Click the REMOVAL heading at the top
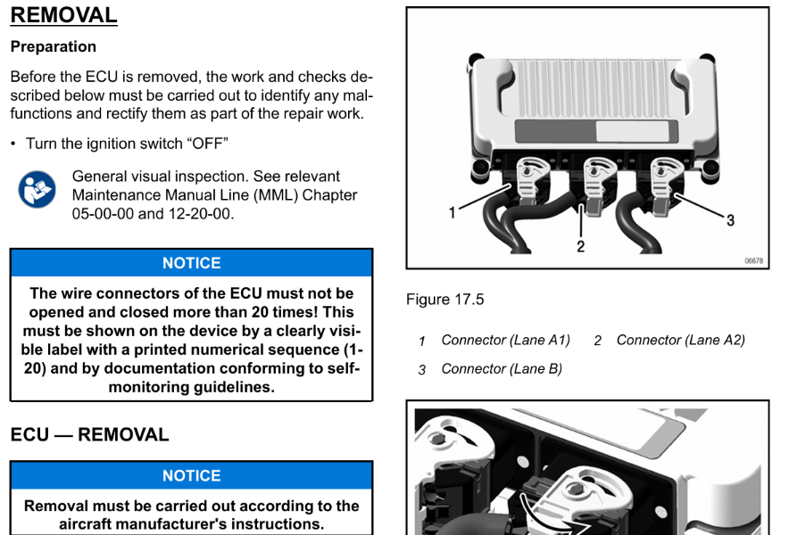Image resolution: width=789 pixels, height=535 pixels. [x=64, y=15]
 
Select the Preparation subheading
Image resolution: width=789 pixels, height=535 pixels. [x=54, y=46]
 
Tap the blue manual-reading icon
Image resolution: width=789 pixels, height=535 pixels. [x=37, y=190]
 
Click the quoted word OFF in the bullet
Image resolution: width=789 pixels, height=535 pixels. [x=208, y=144]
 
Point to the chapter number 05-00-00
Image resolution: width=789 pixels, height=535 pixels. [x=103, y=214]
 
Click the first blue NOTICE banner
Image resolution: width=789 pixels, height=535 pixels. [x=191, y=263]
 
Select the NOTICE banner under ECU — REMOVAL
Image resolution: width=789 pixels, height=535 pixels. [x=191, y=475]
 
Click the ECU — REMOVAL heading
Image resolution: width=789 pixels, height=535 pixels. [x=89, y=435]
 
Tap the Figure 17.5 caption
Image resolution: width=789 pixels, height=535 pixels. [x=444, y=300]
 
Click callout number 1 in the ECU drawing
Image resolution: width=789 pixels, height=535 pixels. [x=452, y=213]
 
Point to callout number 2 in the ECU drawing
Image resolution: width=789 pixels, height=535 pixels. [x=581, y=246]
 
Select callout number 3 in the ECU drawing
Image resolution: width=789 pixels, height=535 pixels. [x=730, y=220]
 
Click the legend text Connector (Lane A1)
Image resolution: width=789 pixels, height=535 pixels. [x=506, y=341]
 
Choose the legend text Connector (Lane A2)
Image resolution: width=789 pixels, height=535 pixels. [x=681, y=341]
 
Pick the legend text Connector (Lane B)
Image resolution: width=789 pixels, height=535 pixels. [x=502, y=369]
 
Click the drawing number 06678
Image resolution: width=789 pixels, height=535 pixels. [x=754, y=260]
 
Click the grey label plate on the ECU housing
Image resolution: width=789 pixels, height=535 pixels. [x=596, y=131]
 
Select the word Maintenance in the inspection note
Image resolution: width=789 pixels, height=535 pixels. [x=116, y=195]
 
